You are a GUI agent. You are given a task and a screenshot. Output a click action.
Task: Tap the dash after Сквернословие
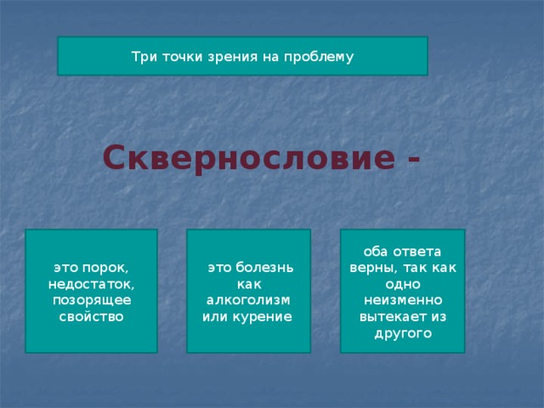pos(414,158)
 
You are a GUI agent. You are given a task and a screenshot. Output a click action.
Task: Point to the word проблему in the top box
pos(318,56)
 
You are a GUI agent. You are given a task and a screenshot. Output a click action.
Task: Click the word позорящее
pos(91,301)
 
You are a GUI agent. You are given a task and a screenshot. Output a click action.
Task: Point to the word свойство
pos(91,317)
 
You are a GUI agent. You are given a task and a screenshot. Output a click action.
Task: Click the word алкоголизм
pos(249,301)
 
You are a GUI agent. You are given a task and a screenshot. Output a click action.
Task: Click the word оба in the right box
pos(375,252)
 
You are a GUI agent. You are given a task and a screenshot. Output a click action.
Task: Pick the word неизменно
pos(402,301)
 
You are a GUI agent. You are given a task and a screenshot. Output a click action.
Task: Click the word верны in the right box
pos(371,268)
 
